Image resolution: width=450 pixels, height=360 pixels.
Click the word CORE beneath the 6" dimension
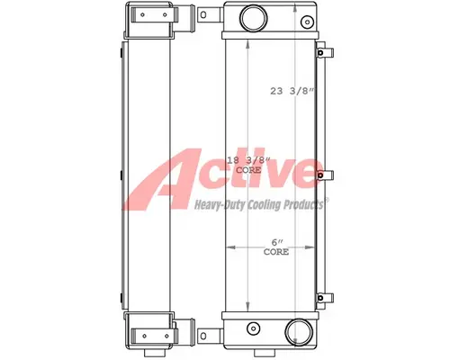276,253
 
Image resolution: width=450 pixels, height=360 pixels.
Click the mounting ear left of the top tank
203,16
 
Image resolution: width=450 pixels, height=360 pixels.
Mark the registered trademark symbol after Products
327,202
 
